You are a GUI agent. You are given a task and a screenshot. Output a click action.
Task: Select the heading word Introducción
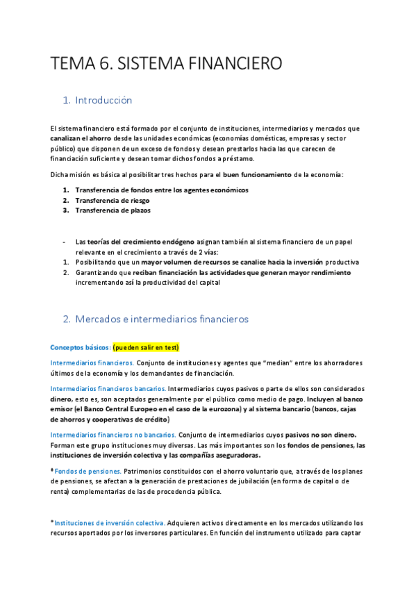point(103,101)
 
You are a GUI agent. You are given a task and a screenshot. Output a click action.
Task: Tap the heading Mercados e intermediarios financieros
point(162,320)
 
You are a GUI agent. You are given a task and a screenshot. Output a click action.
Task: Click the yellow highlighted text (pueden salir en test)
point(147,347)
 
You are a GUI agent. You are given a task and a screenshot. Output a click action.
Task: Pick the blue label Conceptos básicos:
point(81,347)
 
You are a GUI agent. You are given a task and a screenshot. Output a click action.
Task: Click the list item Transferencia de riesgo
point(112,200)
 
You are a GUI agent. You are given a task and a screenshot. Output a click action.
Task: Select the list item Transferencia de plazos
point(113,210)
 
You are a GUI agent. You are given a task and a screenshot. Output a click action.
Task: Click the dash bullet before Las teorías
point(64,242)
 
